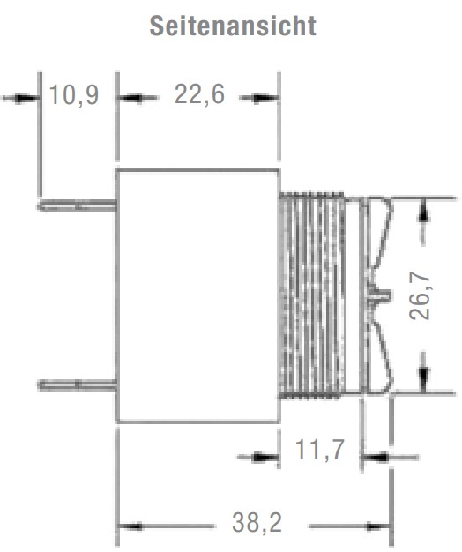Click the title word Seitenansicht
click(233, 26)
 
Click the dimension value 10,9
click(74, 95)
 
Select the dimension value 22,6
click(199, 95)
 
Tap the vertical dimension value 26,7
click(421, 297)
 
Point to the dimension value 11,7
click(319, 450)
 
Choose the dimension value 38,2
click(257, 523)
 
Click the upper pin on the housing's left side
click(77, 205)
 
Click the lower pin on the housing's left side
click(77, 385)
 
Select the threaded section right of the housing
click(312, 295)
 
